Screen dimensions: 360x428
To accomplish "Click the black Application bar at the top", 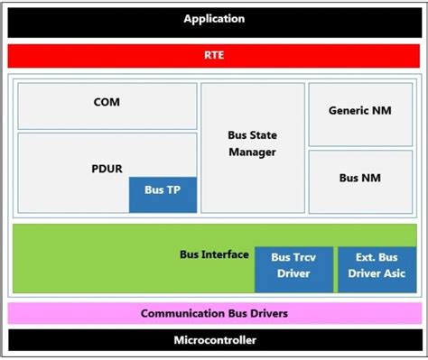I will click(214, 19).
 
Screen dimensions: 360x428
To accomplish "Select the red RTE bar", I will click(214, 55).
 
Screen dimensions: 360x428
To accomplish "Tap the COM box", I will click(107, 103).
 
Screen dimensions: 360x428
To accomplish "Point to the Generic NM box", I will click(360, 111).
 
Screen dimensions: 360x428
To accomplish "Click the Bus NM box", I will click(360, 179).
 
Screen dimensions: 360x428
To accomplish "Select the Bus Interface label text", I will click(214, 254).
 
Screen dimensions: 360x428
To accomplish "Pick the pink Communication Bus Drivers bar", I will click(214, 313).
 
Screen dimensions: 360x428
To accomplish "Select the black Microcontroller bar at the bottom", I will click(214, 340).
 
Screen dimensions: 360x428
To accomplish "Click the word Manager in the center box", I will click(252, 152).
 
